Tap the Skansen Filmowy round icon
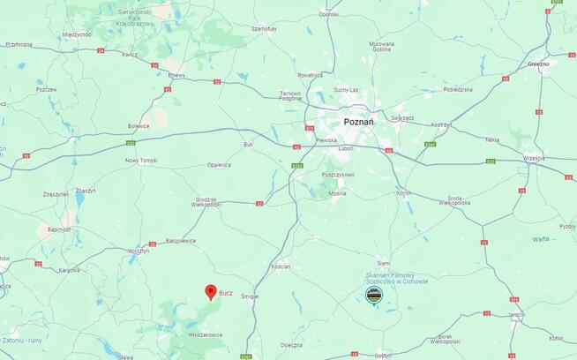[376, 295]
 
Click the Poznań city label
[358, 122]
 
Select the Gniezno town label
[538, 64]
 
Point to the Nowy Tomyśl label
[140, 160]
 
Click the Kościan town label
[281, 266]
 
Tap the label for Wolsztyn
[139, 251]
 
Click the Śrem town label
[383, 263]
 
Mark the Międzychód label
[77, 34]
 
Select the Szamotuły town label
[263, 29]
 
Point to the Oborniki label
[329, 14]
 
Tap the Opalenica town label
[219, 164]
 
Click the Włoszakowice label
[206, 334]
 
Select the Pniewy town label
[175, 75]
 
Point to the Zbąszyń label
[86, 191]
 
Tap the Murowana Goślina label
[382, 46]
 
